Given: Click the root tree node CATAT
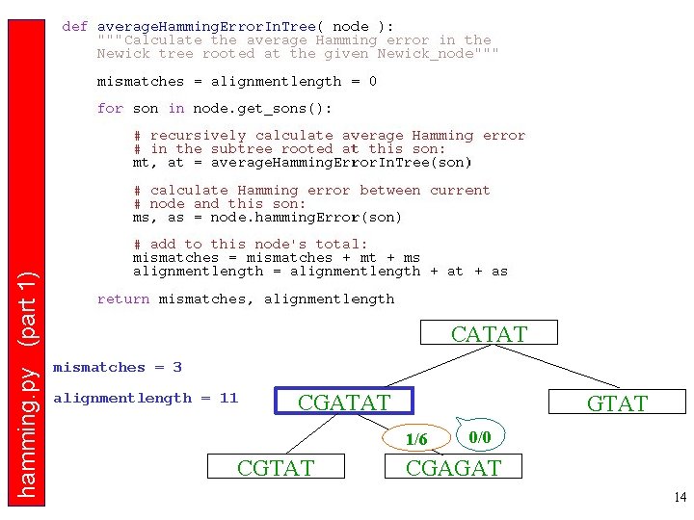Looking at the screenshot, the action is click(489, 334).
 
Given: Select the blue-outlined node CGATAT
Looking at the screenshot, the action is click(344, 402).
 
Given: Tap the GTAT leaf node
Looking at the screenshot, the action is click(617, 403).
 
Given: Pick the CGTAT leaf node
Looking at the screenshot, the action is click(275, 468).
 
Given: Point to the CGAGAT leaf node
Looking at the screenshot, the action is click(454, 468).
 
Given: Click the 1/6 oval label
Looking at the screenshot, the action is click(416, 439).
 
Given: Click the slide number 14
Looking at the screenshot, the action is click(680, 497).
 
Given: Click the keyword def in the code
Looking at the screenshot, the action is click(74, 27).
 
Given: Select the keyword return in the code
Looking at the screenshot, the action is click(123, 299).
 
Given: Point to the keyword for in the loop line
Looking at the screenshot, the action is click(110, 108).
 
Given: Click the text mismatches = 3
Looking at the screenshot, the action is click(117, 367).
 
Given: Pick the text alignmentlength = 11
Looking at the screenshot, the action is click(145, 398).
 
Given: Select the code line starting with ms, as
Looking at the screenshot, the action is click(267, 217).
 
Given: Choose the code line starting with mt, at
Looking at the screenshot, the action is click(302, 163).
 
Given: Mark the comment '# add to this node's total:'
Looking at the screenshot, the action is click(251, 245).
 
